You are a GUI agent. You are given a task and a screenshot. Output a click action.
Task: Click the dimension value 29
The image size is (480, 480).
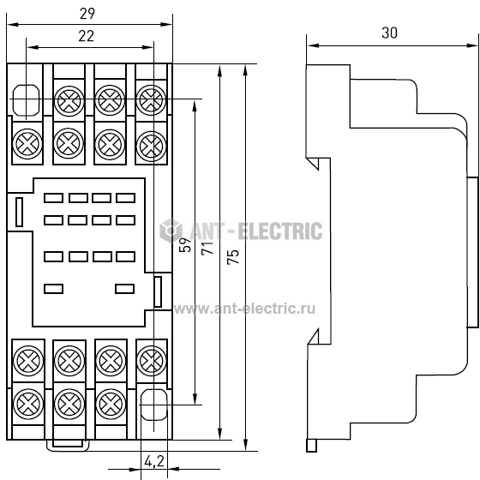pyautogui.click(x=87, y=14)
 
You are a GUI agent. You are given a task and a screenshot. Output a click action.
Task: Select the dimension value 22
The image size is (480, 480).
pyautogui.click(x=86, y=36)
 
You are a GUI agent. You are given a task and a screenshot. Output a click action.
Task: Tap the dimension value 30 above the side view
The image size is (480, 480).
pyautogui.click(x=389, y=33)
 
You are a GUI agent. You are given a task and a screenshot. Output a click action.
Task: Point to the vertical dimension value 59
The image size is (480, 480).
pyautogui.click(x=185, y=244)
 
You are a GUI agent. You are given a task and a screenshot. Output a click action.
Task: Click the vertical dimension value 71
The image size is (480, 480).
pyautogui.click(x=207, y=248)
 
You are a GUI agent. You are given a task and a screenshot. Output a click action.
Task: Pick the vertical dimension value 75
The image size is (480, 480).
pyautogui.click(x=232, y=256)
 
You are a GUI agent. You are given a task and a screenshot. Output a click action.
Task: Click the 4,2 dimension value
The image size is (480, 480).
pyautogui.click(x=154, y=461)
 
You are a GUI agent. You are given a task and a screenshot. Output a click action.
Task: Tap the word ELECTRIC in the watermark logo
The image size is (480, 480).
pyautogui.click(x=280, y=231)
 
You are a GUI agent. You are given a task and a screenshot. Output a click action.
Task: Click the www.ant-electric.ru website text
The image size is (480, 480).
pyautogui.click(x=244, y=309)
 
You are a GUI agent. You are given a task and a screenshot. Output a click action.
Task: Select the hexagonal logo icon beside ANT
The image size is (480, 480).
pyautogui.click(x=171, y=231)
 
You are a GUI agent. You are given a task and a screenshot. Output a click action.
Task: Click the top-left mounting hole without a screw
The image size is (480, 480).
pyautogui.click(x=26, y=100)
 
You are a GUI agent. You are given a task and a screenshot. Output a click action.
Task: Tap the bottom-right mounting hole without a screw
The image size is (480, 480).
pyautogui.click(x=154, y=405)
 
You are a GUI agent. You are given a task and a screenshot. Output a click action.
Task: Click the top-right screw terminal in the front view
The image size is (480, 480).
pyautogui.click(x=151, y=99)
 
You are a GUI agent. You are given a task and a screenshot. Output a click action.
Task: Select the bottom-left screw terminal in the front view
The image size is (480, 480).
pyautogui.click(x=28, y=404)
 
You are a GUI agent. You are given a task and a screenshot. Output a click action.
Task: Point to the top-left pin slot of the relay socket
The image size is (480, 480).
pyautogui.click(x=53, y=198)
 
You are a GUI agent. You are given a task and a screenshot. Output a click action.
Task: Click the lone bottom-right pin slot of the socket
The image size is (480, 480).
pyautogui.click(x=124, y=289)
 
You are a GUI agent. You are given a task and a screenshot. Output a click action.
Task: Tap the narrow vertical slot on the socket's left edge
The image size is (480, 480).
pyautogui.click(x=19, y=212)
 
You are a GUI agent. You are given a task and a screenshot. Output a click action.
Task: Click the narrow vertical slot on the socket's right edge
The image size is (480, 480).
pyautogui.click(x=158, y=291)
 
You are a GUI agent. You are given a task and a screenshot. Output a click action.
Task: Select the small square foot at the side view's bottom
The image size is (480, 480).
pyautogui.click(x=312, y=446)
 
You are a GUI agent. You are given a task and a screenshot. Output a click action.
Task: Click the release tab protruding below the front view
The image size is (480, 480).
pyautogui.click(x=68, y=446)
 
